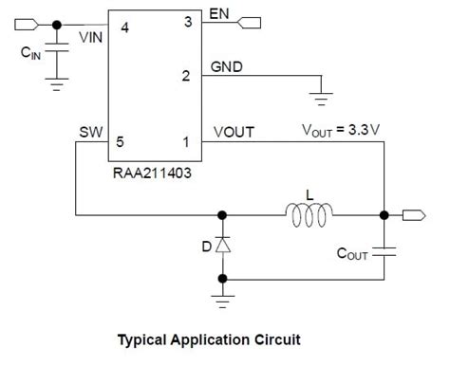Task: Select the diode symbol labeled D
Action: [222, 246]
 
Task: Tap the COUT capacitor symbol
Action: [384, 252]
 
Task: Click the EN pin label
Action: [219, 14]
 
